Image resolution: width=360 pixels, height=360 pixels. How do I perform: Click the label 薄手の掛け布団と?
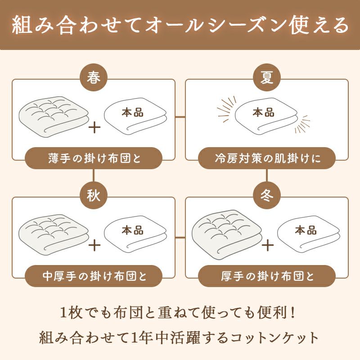[93, 158]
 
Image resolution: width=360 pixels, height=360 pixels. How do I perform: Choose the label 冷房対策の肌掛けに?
[267, 158]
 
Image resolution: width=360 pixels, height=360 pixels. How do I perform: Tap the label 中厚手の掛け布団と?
[93, 275]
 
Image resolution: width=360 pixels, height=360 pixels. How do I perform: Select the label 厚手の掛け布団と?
[267, 275]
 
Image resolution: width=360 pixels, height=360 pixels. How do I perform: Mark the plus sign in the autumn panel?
[94, 245]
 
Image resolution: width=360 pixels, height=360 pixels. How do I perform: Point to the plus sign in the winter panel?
[267, 245]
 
